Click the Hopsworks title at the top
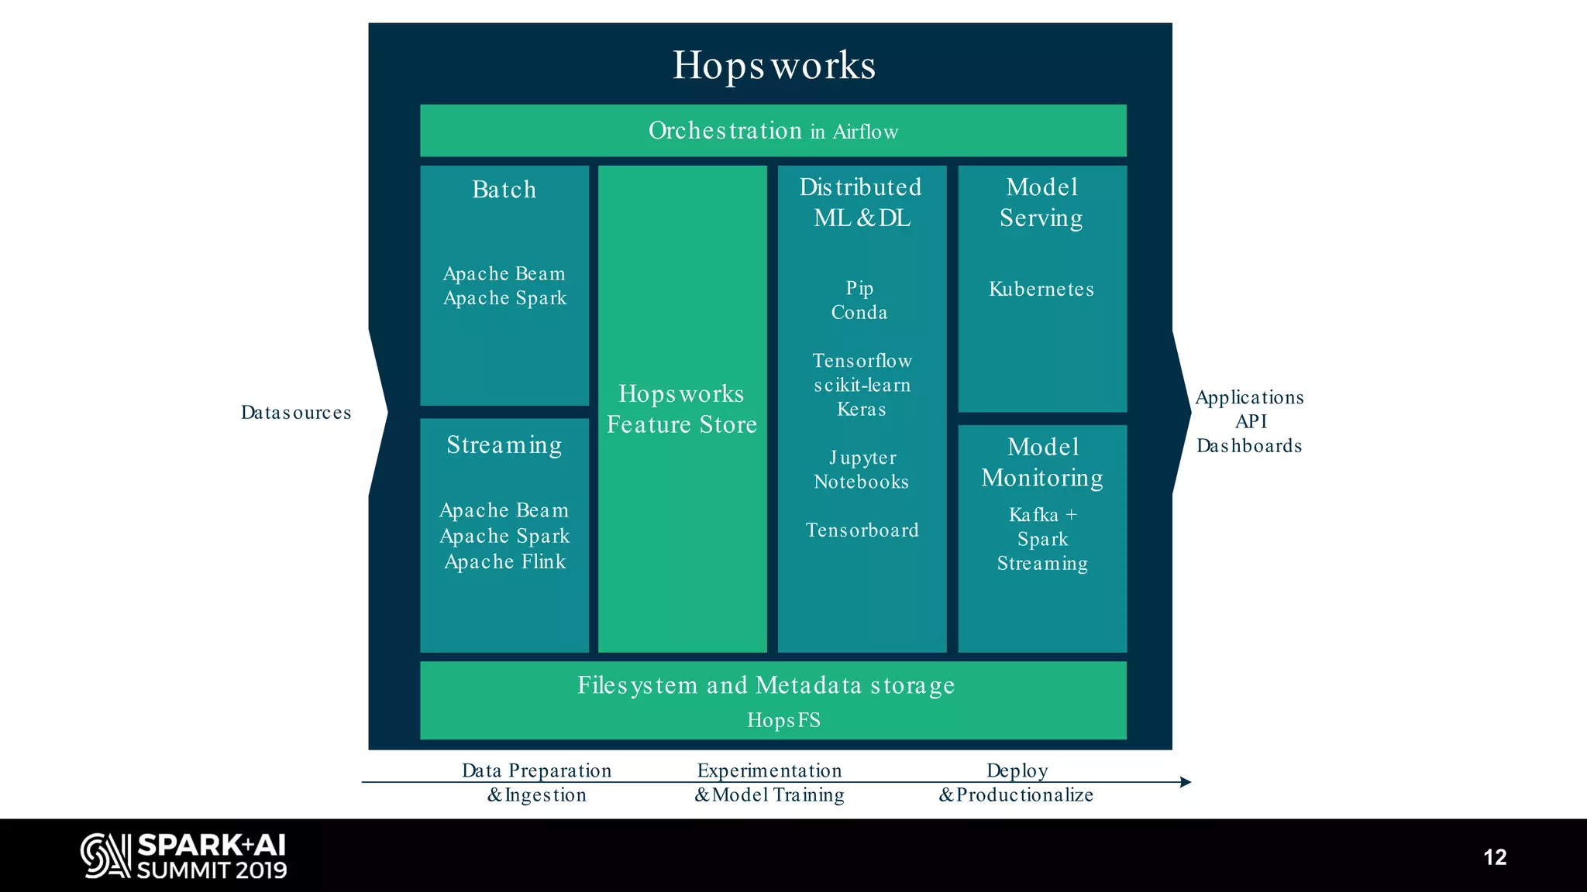pyautogui.click(x=773, y=65)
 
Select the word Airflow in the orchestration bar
pyautogui.click(x=865, y=132)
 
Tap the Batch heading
pyautogui.click(x=504, y=190)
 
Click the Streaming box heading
pyautogui.click(x=504, y=445)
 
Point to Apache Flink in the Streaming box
pyautogui.click(x=504, y=561)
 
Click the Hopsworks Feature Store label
pyautogui.click(x=681, y=409)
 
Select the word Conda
pyautogui.click(x=859, y=312)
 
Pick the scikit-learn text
pyautogui.click(x=862, y=385)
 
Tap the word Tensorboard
pyautogui.click(x=862, y=530)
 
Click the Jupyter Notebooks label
pyautogui.click(x=862, y=470)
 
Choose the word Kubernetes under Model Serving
pyautogui.click(x=1041, y=290)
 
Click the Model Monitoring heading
pyautogui.click(x=1042, y=462)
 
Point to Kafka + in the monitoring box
pyautogui.click(x=1042, y=515)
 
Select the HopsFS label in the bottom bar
pyautogui.click(x=783, y=720)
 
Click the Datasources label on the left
pyautogui.click(x=295, y=413)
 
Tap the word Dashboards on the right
pyautogui.click(x=1248, y=446)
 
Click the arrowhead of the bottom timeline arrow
pyautogui.click(x=1186, y=782)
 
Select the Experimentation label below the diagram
pyautogui.click(x=769, y=770)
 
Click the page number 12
pyautogui.click(x=1495, y=857)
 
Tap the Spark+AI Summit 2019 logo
pyautogui.click(x=184, y=856)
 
